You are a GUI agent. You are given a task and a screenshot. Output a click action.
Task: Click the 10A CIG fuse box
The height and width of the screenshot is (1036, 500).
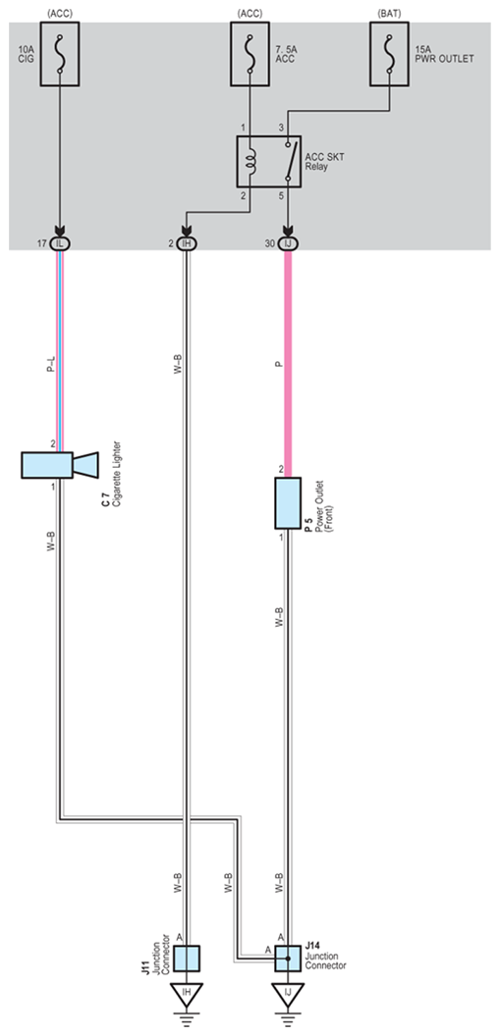coord(60,54)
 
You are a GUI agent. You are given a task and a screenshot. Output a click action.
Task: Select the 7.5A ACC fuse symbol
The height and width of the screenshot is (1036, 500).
coord(250,54)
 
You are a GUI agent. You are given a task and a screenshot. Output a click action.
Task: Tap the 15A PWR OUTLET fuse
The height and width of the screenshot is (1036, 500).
coord(390,54)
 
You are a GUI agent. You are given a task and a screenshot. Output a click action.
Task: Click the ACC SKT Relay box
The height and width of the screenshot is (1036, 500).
coord(268,161)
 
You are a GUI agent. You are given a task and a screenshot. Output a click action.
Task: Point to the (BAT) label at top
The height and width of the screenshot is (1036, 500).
coord(390,13)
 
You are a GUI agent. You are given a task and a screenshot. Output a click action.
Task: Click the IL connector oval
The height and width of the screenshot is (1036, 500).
coord(60,243)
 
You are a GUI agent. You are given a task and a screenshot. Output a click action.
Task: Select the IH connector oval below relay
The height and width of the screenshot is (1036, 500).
coord(187,243)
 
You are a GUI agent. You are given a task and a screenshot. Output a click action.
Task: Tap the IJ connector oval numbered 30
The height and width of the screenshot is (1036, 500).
coord(288,243)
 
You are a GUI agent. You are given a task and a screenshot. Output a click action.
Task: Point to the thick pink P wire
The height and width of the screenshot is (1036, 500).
coord(288,363)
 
